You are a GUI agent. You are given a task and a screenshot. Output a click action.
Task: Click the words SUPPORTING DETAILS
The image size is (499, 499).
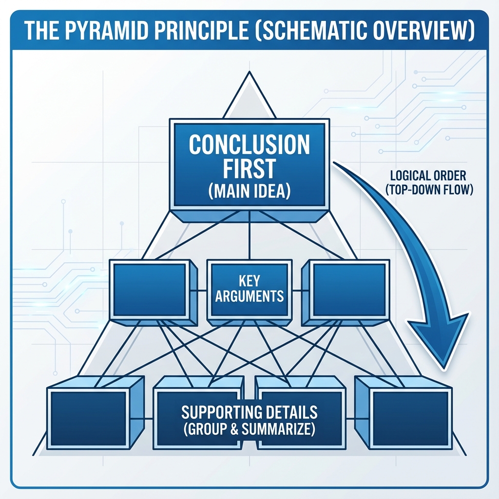249,412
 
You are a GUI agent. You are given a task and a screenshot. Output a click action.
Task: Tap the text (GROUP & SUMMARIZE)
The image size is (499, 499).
249,430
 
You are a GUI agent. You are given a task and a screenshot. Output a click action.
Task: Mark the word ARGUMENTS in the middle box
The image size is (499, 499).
249,296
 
